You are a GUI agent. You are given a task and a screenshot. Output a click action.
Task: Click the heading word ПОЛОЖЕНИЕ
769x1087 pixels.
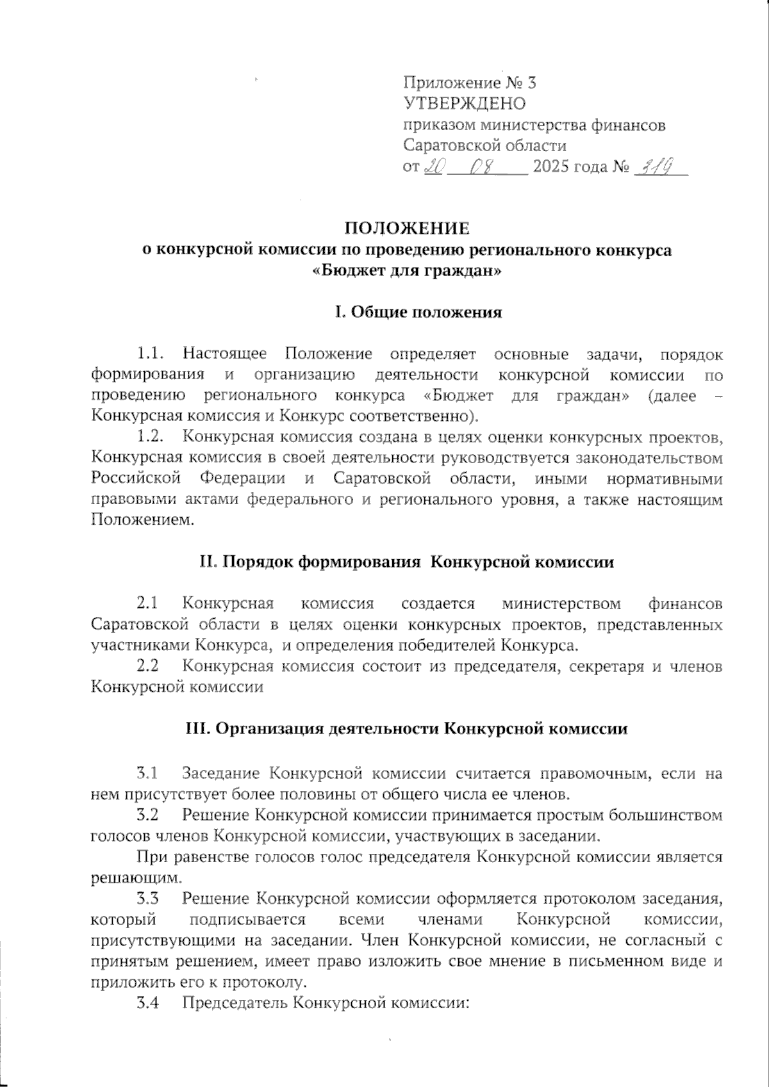pos(407,229)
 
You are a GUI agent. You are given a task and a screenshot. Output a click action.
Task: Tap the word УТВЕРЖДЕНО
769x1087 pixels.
pos(465,104)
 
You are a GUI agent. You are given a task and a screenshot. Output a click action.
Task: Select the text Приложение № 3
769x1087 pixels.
pos(469,83)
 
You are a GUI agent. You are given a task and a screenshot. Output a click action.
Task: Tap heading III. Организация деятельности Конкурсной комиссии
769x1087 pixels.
pos(406,728)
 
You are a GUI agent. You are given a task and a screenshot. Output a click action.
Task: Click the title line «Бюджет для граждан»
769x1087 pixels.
pos(406,271)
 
